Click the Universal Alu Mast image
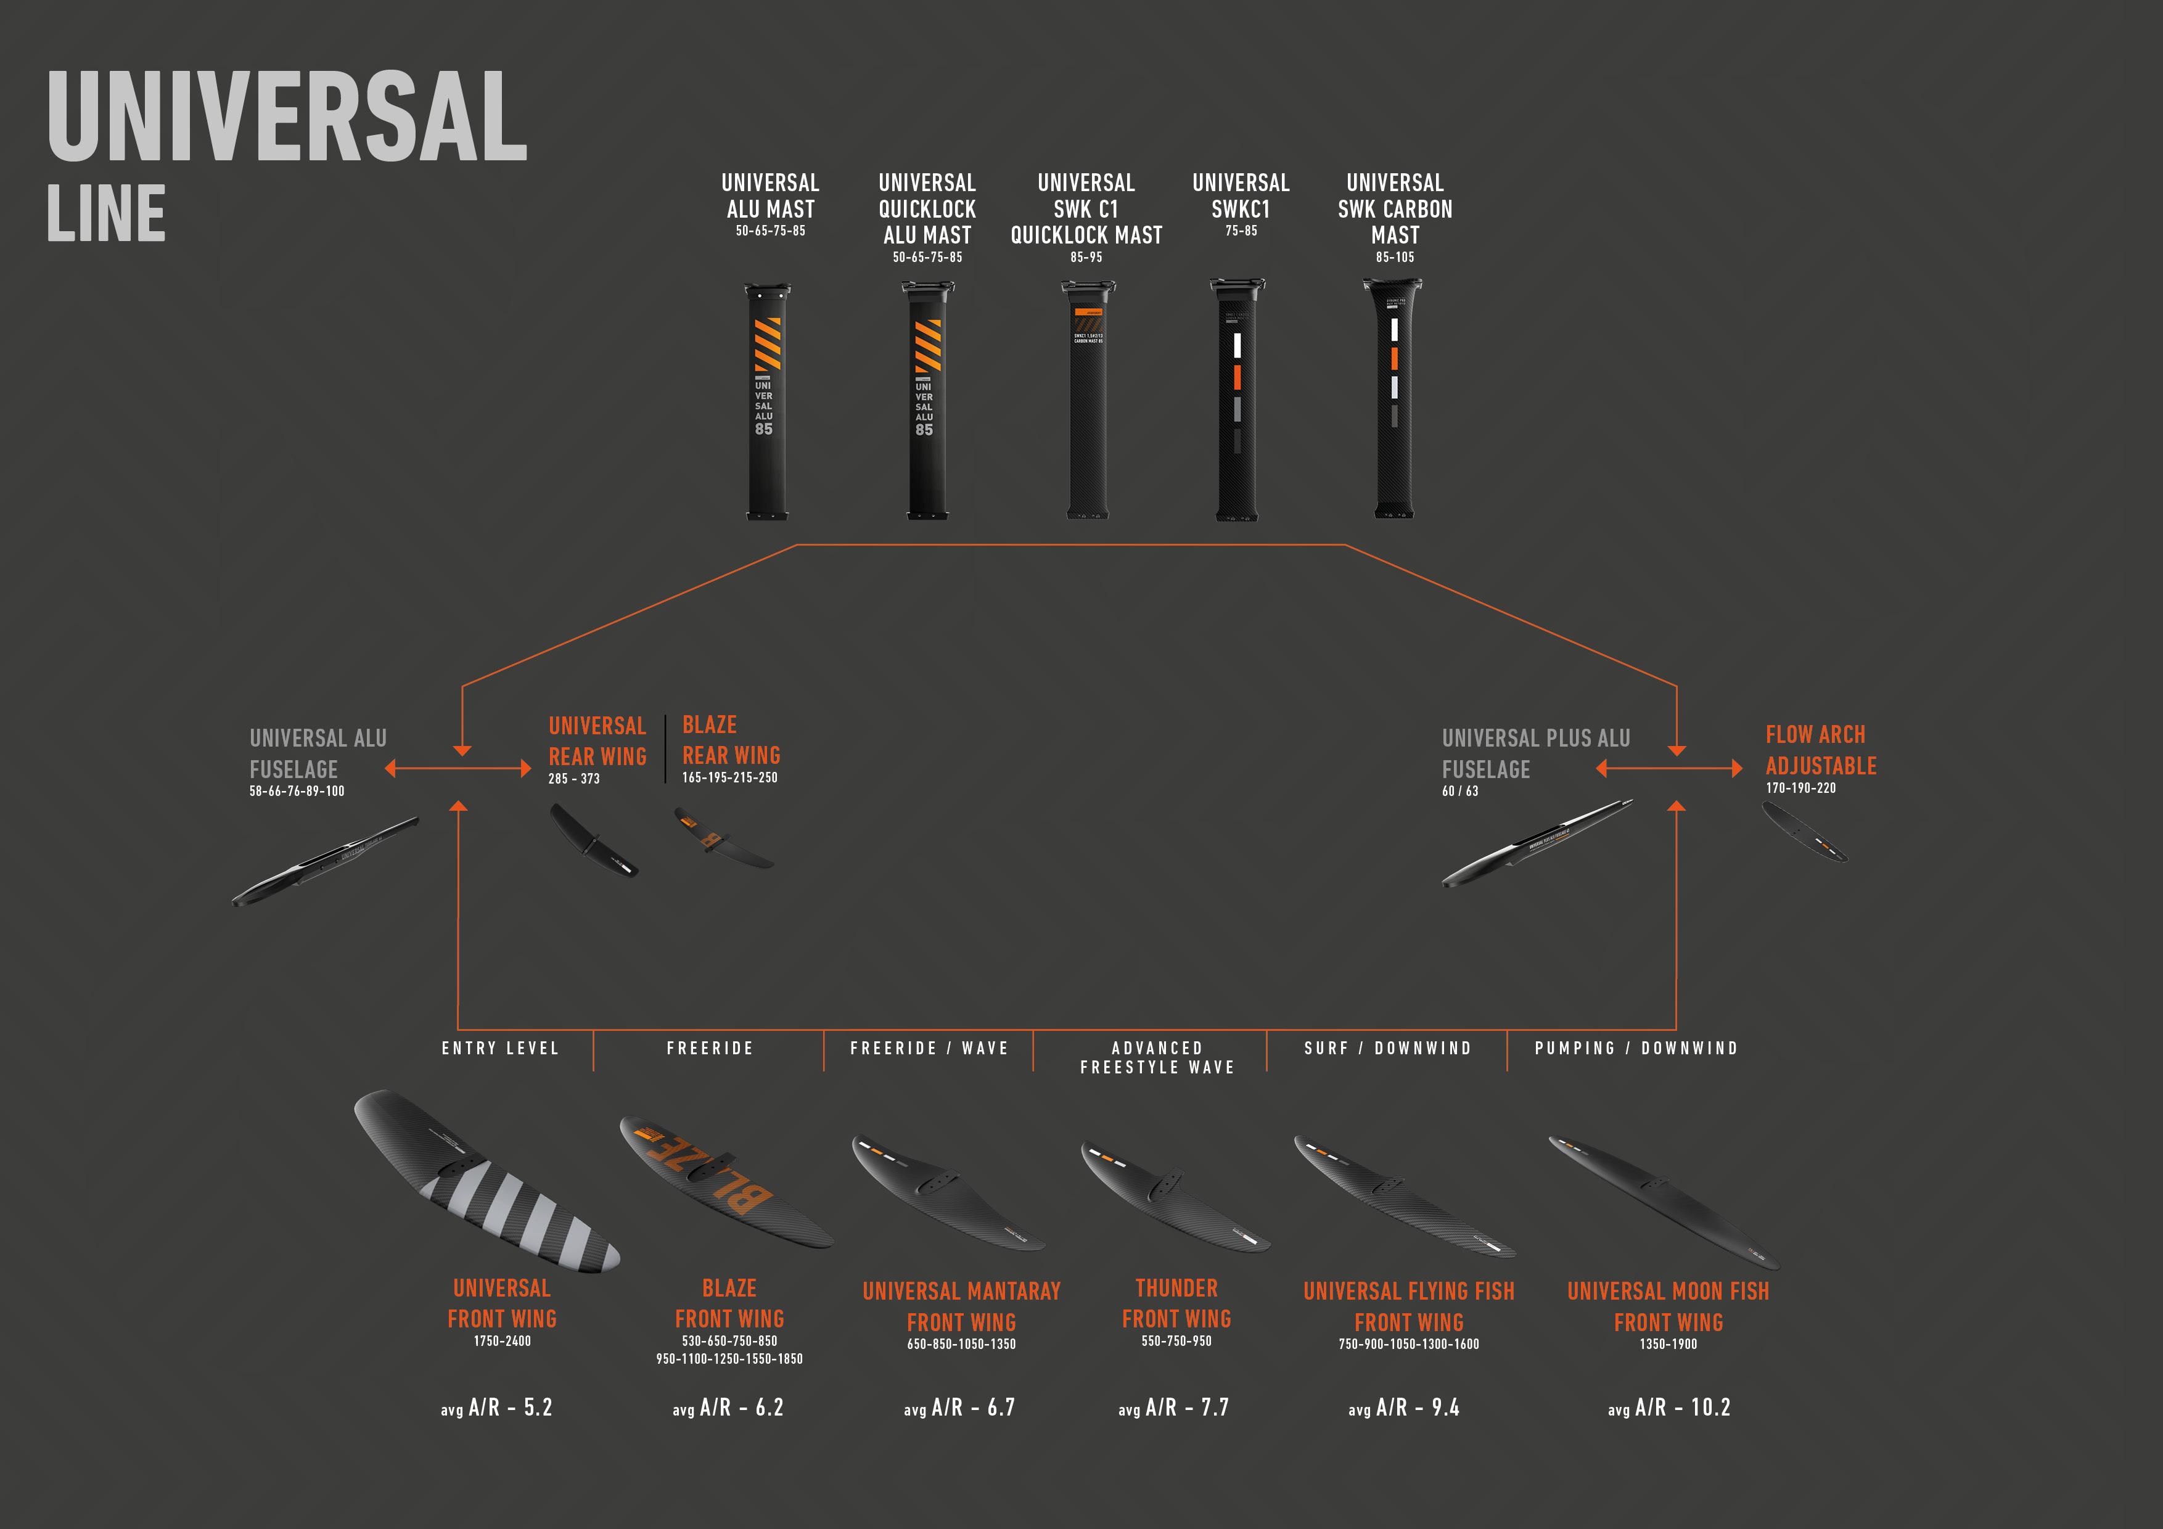pos(768,400)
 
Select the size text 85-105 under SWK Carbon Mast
pos(1394,257)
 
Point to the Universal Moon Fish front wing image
pos(1664,1201)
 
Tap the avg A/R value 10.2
pos(1710,1408)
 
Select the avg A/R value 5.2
pos(538,1408)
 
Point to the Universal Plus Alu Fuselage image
pos(1537,843)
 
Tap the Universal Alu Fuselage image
pos(325,861)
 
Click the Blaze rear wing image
pos(723,837)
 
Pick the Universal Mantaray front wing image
pos(948,1192)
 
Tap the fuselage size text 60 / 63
pos(1459,792)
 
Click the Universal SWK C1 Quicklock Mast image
pos(1087,400)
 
